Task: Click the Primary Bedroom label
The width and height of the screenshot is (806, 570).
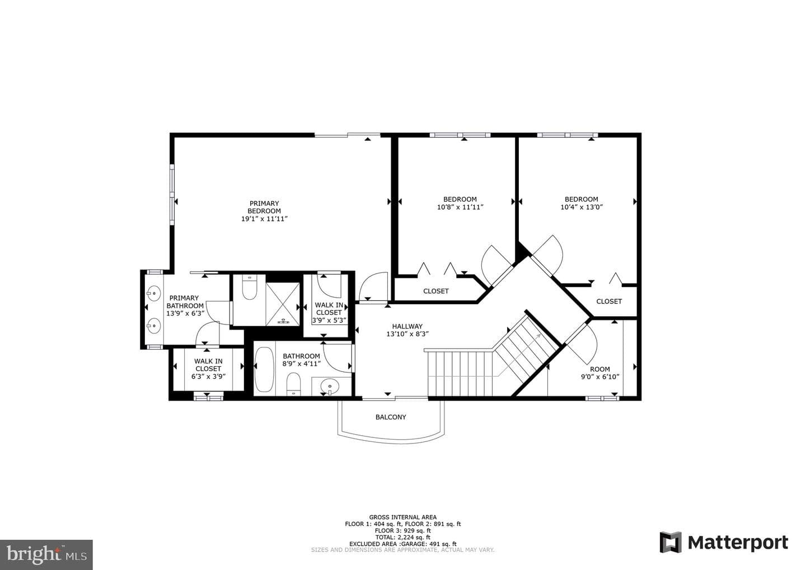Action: coord(264,207)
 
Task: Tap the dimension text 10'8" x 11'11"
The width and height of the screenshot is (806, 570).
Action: coord(460,207)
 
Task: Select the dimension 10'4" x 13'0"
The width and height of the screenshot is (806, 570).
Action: coord(582,207)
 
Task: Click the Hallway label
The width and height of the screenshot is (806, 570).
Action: coord(407,327)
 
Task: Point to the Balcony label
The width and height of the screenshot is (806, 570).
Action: coord(391,417)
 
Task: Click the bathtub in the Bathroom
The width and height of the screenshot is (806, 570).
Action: coord(264,369)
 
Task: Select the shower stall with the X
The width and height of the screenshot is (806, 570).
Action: coord(283,304)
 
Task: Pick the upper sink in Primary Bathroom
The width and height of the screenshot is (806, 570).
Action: coord(153,293)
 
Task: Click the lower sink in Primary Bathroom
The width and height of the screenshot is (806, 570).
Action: coord(153,326)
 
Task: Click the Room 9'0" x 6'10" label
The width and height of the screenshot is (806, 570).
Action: coord(600,373)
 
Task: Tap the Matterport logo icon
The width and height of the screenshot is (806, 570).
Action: coord(671,542)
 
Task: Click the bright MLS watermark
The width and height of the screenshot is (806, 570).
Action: coord(46,554)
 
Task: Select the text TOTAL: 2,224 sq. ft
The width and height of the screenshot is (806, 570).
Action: coord(402,537)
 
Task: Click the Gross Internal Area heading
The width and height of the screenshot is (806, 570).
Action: coord(402,517)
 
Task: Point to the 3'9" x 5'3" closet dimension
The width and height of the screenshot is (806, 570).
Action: coord(329,320)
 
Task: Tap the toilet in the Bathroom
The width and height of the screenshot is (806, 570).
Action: coord(294,384)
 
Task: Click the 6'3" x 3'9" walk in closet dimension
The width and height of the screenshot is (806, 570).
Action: coord(208,376)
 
